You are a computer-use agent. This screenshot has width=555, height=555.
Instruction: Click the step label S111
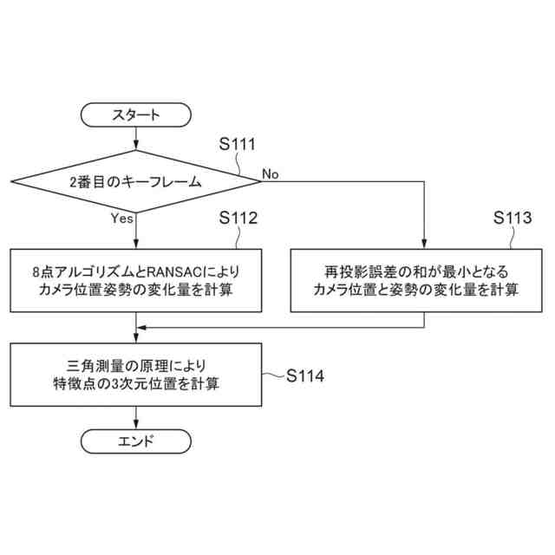click(237, 144)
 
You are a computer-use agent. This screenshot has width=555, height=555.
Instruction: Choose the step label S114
click(306, 375)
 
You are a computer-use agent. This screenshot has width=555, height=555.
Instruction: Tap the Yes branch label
click(122, 219)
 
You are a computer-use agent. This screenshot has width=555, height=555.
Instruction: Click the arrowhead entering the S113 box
click(424, 245)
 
